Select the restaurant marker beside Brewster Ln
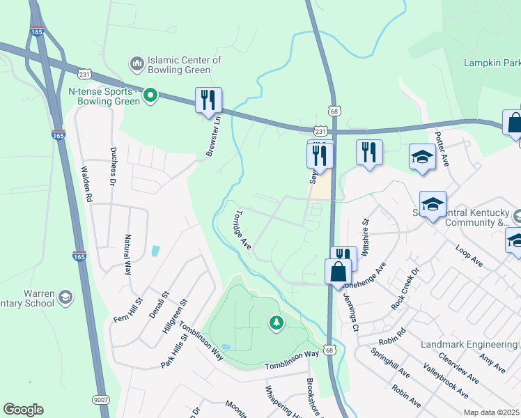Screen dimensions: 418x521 pos(208,100)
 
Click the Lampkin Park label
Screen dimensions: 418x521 pos(492,63)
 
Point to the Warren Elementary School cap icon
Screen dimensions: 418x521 pos(65,297)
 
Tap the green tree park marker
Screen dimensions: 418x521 pos(277,322)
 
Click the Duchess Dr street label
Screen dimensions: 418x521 pos(112,167)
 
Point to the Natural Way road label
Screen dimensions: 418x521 pos(128,254)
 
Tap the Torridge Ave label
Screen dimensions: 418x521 pos(242,229)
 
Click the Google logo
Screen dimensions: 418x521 pos(23,410)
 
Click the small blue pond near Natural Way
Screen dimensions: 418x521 pos(155,250)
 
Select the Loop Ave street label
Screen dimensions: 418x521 pos(469,256)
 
